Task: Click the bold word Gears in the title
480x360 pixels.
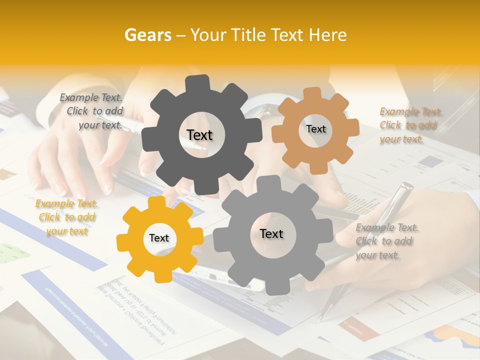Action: click(147, 35)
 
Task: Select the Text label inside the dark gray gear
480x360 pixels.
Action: click(199, 135)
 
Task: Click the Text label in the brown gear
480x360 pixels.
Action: click(315, 129)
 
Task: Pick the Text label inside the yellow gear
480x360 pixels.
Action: click(159, 238)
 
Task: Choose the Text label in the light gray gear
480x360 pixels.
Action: click(271, 233)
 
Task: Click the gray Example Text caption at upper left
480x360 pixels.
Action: click(91, 111)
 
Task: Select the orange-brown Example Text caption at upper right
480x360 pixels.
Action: click(411, 125)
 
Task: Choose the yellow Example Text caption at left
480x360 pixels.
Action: click(66, 217)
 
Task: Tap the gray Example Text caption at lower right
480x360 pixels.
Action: click(387, 241)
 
